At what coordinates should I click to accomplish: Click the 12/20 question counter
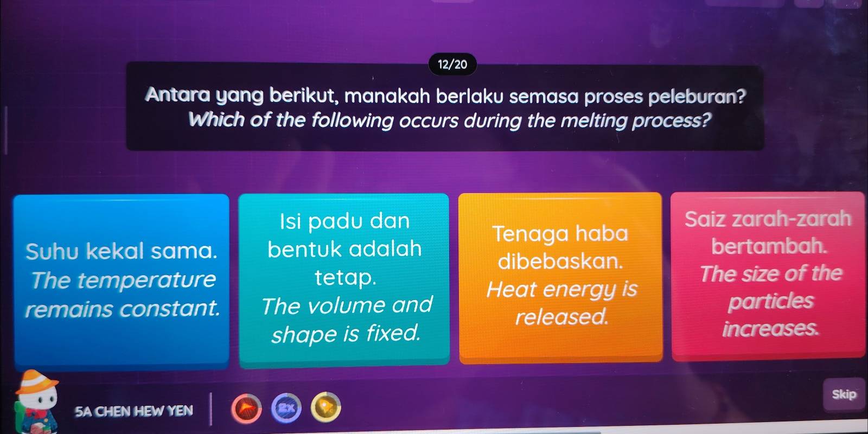pyautogui.click(x=452, y=65)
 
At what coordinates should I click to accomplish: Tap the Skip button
pyautogui.click(x=844, y=394)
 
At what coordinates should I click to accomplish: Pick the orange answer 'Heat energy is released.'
pyautogui.click(x=560, y=277)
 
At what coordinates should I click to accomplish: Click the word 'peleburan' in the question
pyautogui.click(x=697, y=96)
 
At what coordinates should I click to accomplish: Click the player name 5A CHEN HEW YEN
pyautogui.click(x=133, y=410)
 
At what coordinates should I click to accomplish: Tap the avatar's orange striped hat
pyautogui.click(x=36, y=382)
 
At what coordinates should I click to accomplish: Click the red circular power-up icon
pyautogui.click(x=246, y=408)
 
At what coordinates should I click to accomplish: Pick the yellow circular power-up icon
pyautogui.click(x=326, y=407)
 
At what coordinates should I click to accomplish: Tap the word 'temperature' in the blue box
pyautogui.click(x=146, y=280)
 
